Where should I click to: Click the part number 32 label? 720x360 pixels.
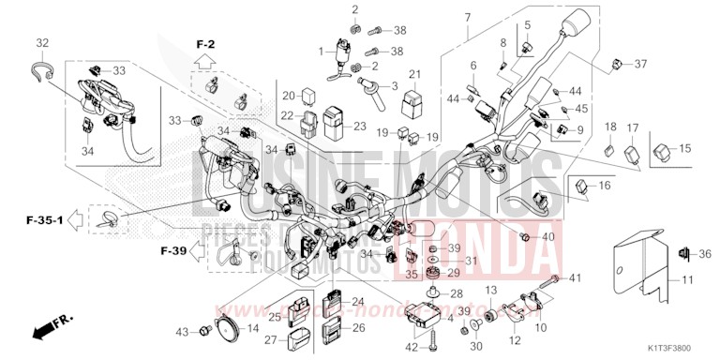[x=42, y=43]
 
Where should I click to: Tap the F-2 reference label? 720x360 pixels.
[x=205, y=45]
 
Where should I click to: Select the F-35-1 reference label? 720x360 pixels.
[x=43, y=221]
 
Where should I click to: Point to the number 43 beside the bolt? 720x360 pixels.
[x=182, y=332]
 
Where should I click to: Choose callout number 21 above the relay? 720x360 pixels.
[x=414, y=75]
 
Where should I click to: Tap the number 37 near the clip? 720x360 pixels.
[x=641, y=64]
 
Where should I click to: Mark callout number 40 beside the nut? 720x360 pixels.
[x=548, y=236]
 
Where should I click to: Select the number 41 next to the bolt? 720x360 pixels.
[x=576, y=278]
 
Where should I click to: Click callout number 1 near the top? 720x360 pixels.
[x=320, y=52]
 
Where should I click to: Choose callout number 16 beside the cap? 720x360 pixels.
[x=604, y=186]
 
